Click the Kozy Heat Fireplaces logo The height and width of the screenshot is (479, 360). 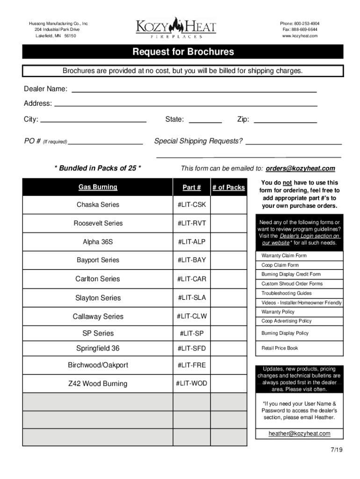[x=176, y=28]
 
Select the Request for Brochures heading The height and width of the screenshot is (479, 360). [x=183, y=52]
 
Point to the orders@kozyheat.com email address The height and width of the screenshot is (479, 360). [x=301, y=168]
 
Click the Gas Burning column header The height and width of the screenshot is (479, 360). [x=98, y=187]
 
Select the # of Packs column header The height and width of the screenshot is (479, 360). [x=228, y=188]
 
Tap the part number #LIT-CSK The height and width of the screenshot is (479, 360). [x=191, y=205]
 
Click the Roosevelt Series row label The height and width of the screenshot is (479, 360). [x=98, y=223]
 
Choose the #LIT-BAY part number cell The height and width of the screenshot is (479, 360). [x=191, y=260]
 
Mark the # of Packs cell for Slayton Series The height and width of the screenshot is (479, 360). [x=228, y=298]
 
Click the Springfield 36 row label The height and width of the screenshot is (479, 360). [x=98, y=348]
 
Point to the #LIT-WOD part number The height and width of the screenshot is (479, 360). [x=191, y=384]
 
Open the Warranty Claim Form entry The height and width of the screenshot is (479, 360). [x=284, y=256]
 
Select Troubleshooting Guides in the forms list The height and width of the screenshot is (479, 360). [x=287, y=293]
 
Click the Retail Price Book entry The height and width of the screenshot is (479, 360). [x=280, y=348]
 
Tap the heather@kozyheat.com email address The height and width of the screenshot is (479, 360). [x=299, y=434]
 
